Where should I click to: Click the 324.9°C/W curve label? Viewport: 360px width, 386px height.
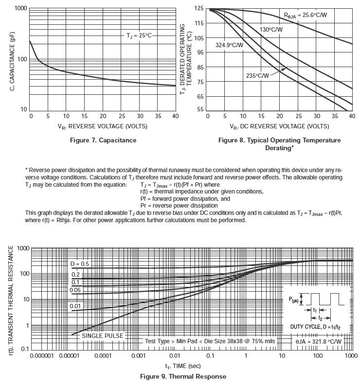229,45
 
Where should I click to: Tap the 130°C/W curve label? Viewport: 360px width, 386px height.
271,30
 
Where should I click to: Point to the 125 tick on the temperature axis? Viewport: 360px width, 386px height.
198,9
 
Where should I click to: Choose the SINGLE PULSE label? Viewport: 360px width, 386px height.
102,335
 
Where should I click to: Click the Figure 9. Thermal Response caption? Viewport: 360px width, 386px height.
183,376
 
